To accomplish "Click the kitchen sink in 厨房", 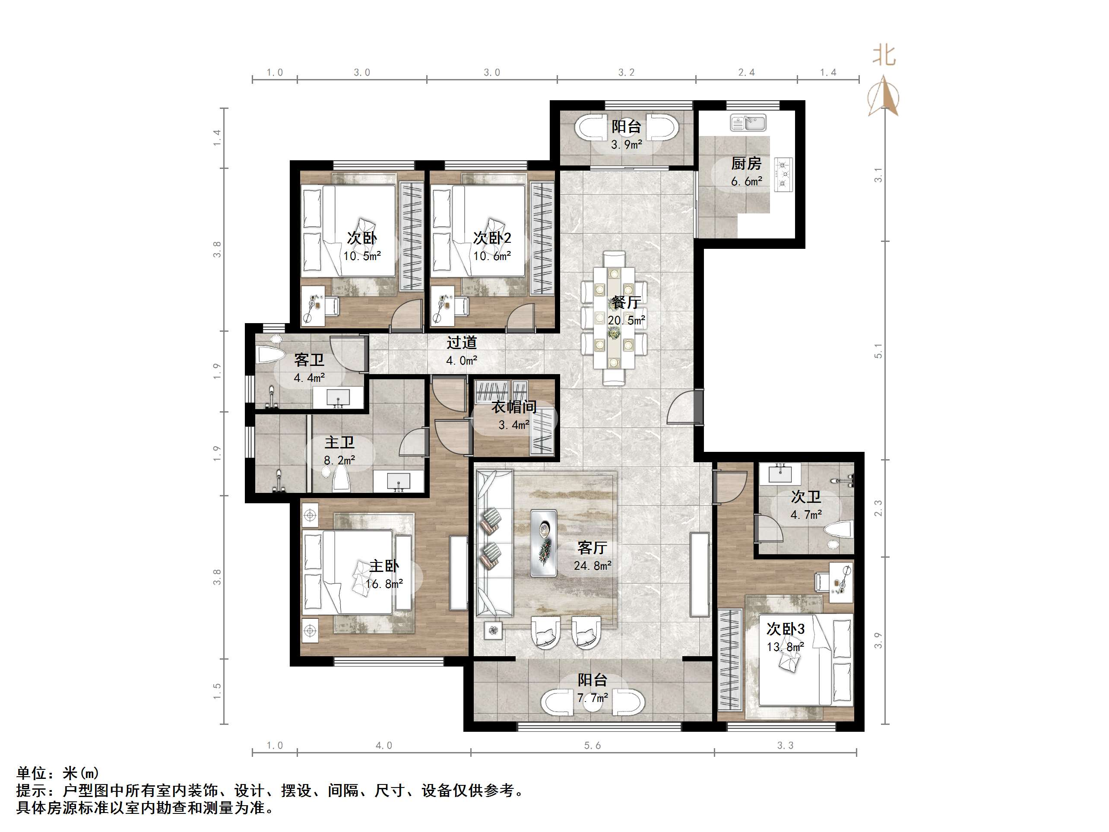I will point(748,122).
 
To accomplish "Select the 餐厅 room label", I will point(626,302).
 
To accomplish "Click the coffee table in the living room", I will point(544,543).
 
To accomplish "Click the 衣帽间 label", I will point(514,407).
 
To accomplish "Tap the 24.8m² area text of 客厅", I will point(593,566).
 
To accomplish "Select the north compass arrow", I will point(884,95).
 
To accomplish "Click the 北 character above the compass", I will point(884,56).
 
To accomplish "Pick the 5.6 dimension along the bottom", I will point(592,746).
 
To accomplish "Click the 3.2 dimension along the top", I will point(626,73).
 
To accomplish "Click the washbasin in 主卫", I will point(399,482).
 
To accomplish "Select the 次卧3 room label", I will point(786,629).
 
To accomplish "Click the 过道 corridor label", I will point(461,343).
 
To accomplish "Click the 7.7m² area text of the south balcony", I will point(593,698).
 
